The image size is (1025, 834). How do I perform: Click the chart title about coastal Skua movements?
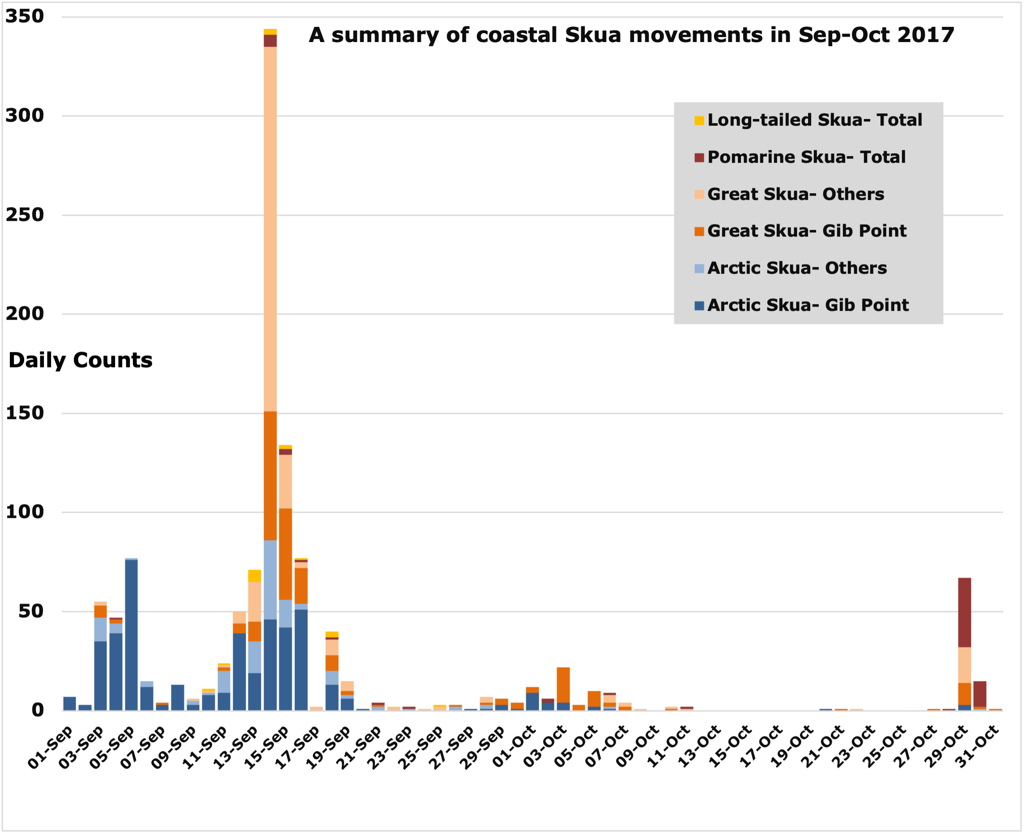631,35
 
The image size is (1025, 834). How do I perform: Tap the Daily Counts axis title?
80,360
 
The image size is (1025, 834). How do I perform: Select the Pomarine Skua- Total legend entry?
806,157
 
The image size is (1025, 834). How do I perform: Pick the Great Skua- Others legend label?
795,194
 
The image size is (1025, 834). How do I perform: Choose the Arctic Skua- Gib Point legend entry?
807,305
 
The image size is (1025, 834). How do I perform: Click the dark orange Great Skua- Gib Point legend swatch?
699,232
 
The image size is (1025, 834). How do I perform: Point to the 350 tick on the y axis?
25,17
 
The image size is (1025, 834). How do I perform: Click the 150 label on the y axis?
25,413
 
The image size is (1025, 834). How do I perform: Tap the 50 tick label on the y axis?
31,611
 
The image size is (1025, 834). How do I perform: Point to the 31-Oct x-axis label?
978,748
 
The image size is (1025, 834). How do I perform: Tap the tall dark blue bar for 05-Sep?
131,634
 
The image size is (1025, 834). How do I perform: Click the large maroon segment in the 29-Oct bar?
965,613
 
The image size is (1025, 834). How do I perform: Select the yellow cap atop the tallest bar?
270,32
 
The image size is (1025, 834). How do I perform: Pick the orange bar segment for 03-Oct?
563,685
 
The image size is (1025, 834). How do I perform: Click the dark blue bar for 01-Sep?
70,703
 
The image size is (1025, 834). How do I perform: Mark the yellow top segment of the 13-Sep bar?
255,576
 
